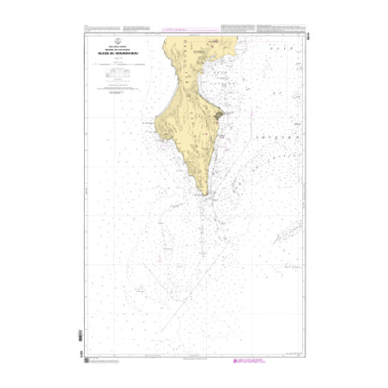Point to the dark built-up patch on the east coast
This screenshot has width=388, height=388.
(x=220, y=114)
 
